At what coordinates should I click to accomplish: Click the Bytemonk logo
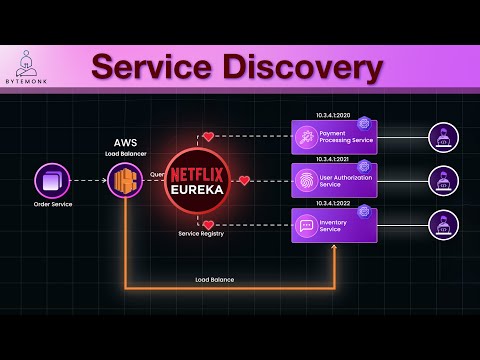tap(28, 64)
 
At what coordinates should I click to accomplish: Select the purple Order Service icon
tap(52, 181)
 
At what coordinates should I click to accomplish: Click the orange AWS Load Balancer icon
tap(126, 181)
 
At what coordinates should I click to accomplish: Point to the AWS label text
tap(126, 143)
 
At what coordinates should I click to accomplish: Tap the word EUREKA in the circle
tap(205, 188)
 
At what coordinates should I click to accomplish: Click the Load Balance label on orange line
tap(215, 280)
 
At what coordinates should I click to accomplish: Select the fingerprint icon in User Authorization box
tap(305, 181)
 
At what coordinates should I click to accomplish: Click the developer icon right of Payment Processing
tap(443, 137)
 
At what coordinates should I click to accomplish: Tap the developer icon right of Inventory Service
tap(443, 225)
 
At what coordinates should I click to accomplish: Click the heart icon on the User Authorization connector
tap(244, 181)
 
